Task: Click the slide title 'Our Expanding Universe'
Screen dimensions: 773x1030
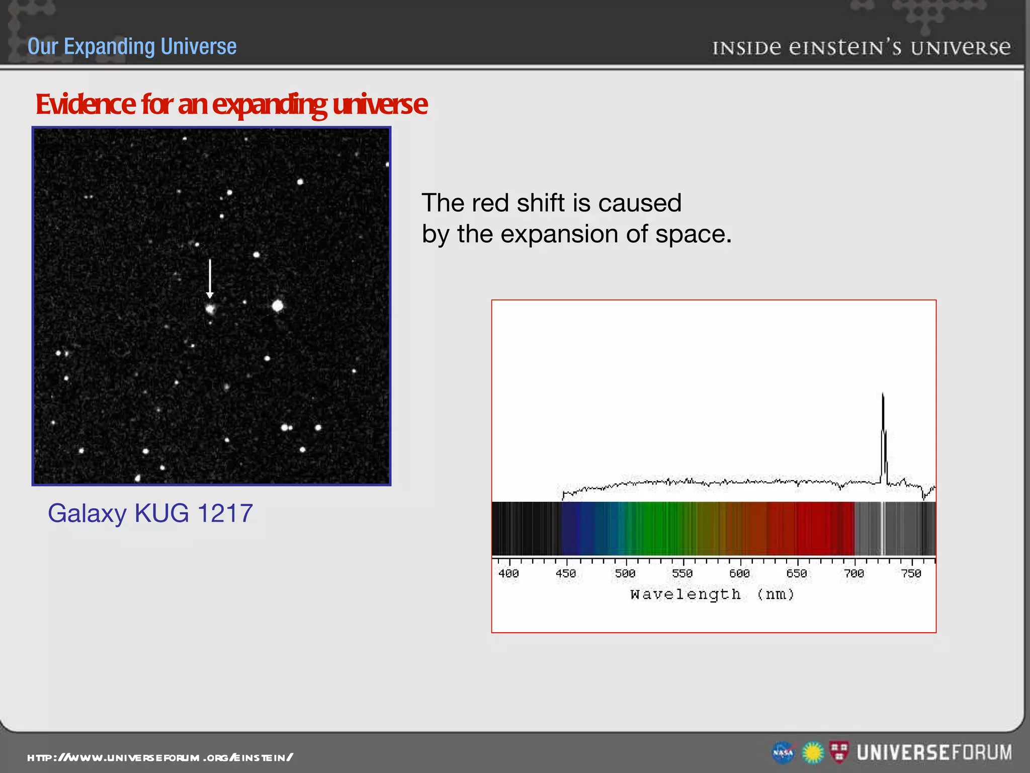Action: click(132, 46)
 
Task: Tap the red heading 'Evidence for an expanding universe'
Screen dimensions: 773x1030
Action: click(231, 104)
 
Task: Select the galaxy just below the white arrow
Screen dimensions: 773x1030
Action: click(210, 308)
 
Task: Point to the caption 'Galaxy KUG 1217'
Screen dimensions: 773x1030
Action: click(150, 513)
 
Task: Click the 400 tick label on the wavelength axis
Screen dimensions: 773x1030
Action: click(508, 573)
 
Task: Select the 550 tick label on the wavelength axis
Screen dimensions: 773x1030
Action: click(682, 573)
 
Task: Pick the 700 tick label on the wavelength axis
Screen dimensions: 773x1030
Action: click(854, 573)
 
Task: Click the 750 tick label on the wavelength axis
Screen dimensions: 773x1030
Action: click(911, 573)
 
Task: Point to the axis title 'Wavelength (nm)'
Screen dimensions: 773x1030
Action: click(712, 594)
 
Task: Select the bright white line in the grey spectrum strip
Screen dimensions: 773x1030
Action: click(883, 528)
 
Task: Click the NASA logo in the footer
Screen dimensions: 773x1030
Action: click(783, 753)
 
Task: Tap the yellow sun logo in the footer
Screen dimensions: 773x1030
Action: click(813, 753)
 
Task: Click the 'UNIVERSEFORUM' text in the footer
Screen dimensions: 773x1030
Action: click(934, 752)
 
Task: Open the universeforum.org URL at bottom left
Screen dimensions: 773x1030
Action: click(160, 757)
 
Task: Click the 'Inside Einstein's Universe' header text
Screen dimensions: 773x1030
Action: click(861, 48)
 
